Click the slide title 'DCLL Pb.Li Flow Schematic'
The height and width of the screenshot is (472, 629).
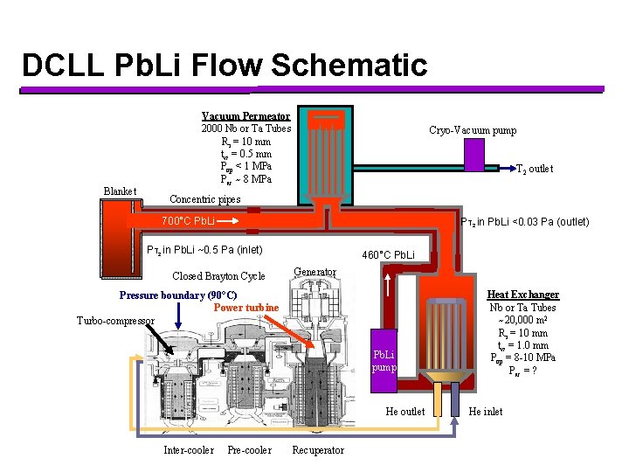coord(225,66)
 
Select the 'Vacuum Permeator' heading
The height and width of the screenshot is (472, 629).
coord(245,116)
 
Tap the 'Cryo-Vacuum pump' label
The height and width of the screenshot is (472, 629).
coord(473,130)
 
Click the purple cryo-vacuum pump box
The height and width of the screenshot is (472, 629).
coord(473,155)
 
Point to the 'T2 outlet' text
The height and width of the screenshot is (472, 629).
coord(534,169)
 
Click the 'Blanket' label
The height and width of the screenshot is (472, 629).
coord(120,191)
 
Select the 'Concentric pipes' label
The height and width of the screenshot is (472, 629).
coord(204,199)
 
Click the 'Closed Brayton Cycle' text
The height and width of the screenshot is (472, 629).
coord(218,276)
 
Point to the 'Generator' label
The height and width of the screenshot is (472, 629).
coord(314,271)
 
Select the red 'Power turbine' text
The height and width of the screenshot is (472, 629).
coord(245,308)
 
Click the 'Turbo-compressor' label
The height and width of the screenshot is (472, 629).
coord(116,321)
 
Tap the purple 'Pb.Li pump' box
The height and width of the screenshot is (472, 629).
coord(384,360)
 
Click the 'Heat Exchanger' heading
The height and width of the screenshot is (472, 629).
coord(522,295)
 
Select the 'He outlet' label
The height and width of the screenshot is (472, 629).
coord(404,412)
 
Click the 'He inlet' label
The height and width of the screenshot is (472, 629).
coord(487,412)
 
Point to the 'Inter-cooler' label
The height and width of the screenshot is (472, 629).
coord(188,450)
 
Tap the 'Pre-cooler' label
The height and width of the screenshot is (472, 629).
coord(249,450)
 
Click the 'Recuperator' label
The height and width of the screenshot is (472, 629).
coord(318,450)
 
